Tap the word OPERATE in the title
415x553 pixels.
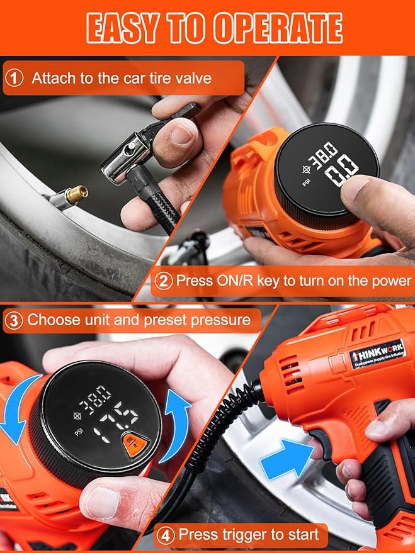coord(277,28)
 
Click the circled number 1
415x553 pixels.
coord(14,79)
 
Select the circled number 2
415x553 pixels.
coord(164,281)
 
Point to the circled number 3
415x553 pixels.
coord(14,320)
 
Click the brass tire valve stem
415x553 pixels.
coord(76,194)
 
